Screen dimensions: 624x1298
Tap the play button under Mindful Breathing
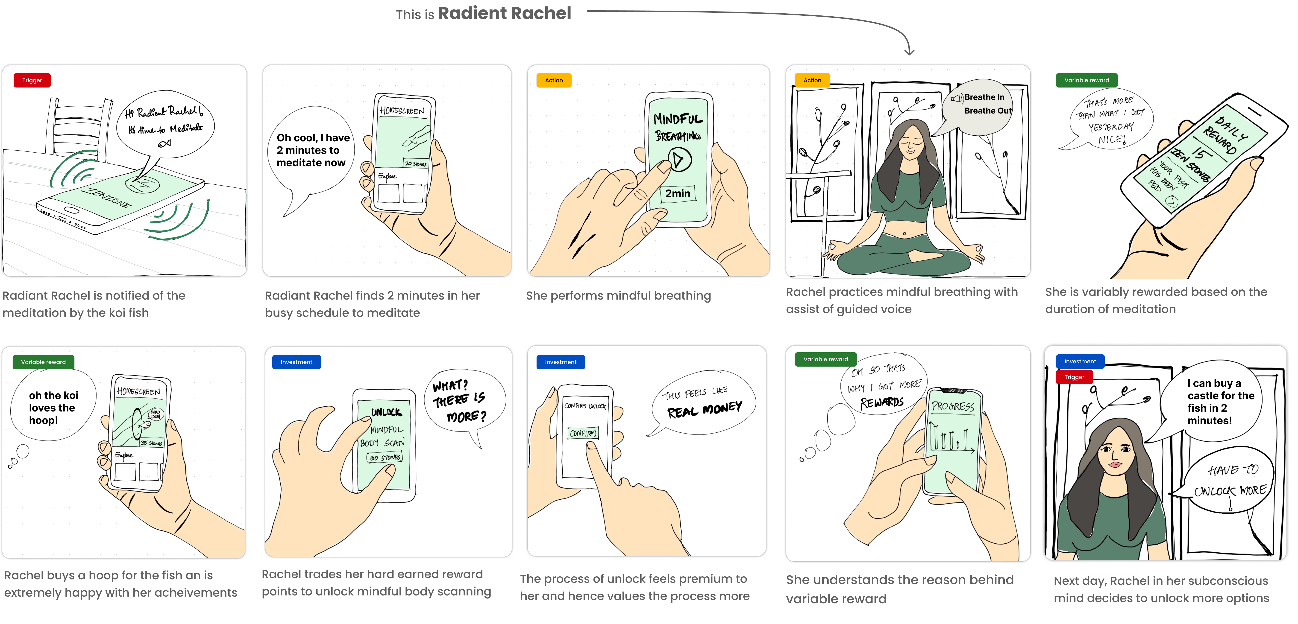tap(679, 160)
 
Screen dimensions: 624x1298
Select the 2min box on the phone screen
tap(678, 193)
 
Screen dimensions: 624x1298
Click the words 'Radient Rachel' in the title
tap(504, 13)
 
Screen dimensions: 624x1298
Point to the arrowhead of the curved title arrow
tap(909, 51)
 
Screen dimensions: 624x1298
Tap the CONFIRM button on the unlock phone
tap(583, 433)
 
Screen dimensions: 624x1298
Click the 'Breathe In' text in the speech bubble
tap(984, 97)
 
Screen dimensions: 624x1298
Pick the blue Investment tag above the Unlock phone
tap(296, 362)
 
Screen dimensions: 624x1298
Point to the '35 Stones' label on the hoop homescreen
tap(151, 443)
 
